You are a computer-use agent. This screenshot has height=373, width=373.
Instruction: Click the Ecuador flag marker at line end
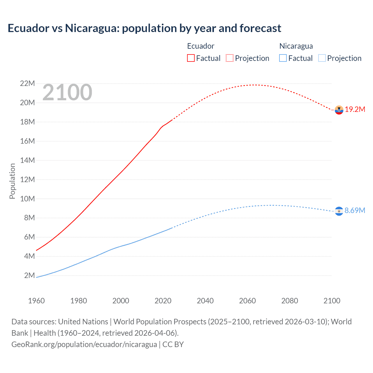point(339,110)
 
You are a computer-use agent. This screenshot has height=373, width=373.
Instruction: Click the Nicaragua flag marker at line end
point(339,211)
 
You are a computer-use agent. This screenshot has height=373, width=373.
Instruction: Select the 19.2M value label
point(355,110)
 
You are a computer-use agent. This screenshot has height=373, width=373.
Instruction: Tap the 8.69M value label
point(355,210)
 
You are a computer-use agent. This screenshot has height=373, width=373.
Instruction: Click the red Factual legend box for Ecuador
point(191,58)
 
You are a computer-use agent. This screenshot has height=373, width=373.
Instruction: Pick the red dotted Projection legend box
point(230,58)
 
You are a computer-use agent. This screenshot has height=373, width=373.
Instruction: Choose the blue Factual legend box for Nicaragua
point(283,58)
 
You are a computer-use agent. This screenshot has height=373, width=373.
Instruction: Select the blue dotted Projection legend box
point(322,58)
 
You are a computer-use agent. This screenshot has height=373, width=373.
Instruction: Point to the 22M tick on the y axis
point(27,84)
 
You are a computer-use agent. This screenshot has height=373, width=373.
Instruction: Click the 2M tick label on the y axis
point(29,275)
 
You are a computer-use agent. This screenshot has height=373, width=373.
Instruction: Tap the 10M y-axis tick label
point(27,199)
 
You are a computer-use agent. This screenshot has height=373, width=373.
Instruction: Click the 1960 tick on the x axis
point(36,301)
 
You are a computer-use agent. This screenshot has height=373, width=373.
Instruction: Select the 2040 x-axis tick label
point(205,301)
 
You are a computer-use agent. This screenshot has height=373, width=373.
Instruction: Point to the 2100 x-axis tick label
point(332,301)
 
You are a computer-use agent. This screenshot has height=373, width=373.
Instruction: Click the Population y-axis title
point(12,181)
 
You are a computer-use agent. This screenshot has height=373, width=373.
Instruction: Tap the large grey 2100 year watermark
point(67,93)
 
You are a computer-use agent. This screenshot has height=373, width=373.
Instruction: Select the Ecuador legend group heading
point(200,46)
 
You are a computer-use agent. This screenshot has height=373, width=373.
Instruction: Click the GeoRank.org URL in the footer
point(84,344)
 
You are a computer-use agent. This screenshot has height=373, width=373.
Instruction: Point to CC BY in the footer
point(173,344)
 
